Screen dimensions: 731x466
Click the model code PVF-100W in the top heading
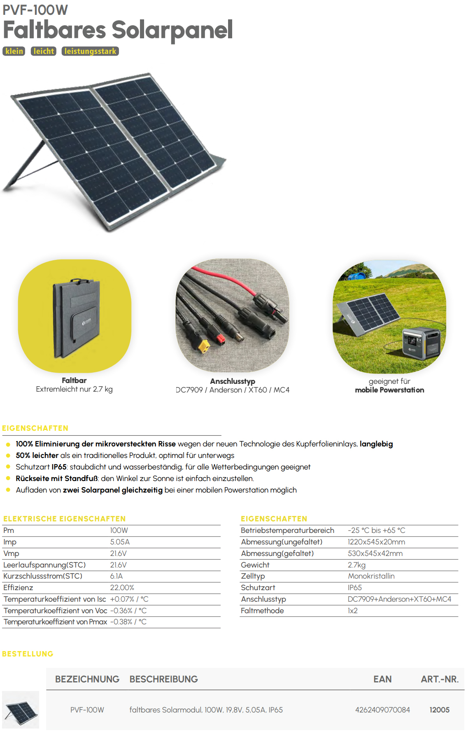point(35,10)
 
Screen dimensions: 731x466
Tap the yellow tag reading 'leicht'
point(44,51)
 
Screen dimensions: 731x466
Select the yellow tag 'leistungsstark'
point(90,51)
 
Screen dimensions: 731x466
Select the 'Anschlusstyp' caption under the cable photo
point(233,381)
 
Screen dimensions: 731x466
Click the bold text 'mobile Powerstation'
point(389,390)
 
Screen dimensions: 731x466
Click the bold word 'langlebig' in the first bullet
point(376,444)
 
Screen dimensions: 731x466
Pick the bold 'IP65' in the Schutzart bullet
point(59,467)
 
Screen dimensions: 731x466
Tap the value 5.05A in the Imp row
point(120,542)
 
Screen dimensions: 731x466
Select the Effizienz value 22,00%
point(122,588)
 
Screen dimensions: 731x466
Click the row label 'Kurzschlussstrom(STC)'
point(43,576)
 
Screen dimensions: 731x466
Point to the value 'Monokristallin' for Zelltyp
point(371,576)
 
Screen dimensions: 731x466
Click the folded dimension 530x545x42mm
point(375,554)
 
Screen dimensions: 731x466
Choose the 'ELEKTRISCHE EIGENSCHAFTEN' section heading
point(64,519)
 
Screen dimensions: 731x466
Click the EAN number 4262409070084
point(382,710)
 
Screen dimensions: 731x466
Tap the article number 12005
point(439,710)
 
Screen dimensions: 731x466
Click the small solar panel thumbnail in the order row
point(21,710)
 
